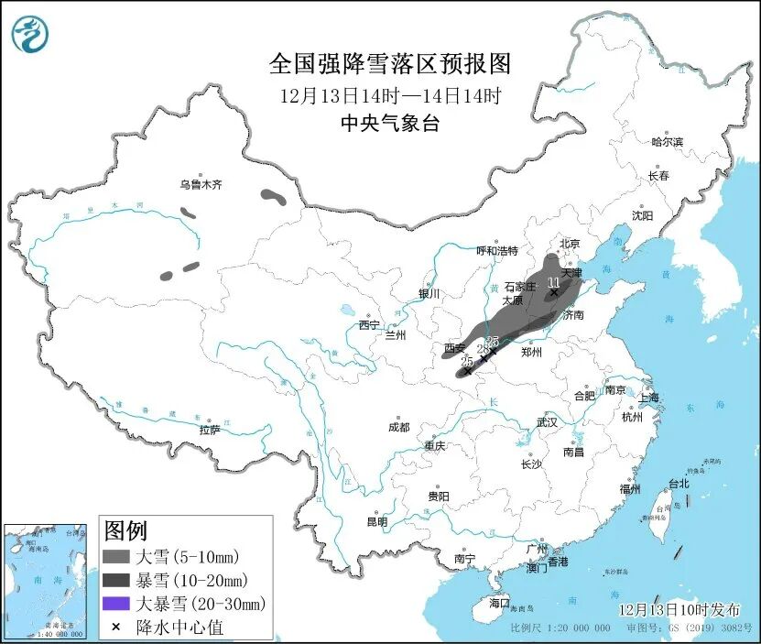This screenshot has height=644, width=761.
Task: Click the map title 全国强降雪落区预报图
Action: [389, 63]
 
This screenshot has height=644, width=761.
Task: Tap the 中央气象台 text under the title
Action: [389, 124]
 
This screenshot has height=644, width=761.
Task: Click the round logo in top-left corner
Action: [29, 34]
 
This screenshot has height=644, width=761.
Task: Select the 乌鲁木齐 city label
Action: [201, 185]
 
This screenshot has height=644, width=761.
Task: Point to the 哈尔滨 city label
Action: [667, 142]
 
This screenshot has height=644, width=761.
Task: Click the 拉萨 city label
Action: [209, 430]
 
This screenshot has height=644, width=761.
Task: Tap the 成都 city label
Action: [398, 427]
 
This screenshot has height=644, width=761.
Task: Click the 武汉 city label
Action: [547, 422]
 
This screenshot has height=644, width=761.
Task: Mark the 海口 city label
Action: [498, 603]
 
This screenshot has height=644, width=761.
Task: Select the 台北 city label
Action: [678, 483]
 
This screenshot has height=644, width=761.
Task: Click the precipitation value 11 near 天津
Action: [553, 282]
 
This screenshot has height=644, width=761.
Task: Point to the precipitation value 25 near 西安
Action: [466, 360]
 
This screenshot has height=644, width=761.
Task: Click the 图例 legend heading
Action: [126, 530]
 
